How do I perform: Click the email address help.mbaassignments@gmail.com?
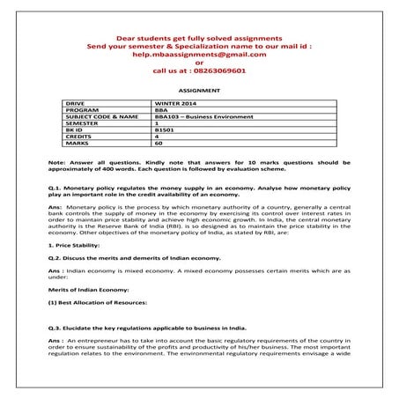pos(199,55)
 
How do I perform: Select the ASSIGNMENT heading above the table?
pos(199,90)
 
